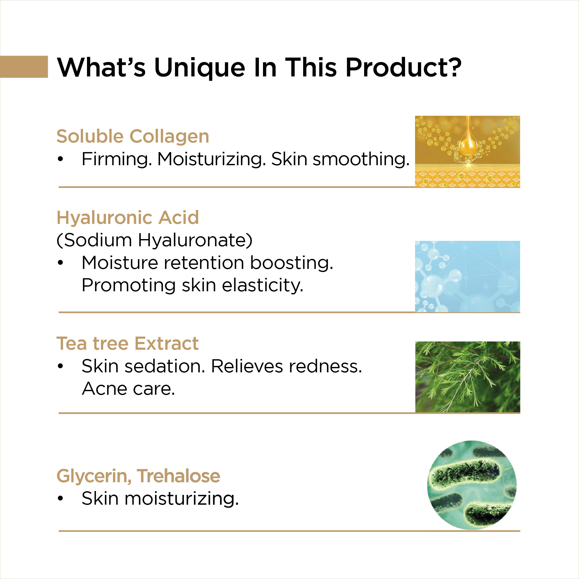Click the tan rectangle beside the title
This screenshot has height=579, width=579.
click(x=24, y=67)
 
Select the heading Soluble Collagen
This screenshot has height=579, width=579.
click(x=133, y=137)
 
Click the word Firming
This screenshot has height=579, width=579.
click(x=117, y=159)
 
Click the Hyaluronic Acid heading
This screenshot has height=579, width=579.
click(x=128, y=217)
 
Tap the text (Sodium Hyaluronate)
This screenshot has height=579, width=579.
click(x=155, y=240)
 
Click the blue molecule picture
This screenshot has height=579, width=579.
click(x=468, y=276)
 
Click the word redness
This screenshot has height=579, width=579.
click(x=322, y=366)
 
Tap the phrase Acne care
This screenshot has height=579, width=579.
click(x=128, y=389)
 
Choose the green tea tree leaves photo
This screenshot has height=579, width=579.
click(x=468, y=377)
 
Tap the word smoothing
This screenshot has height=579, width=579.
click(x=361, y=159)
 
